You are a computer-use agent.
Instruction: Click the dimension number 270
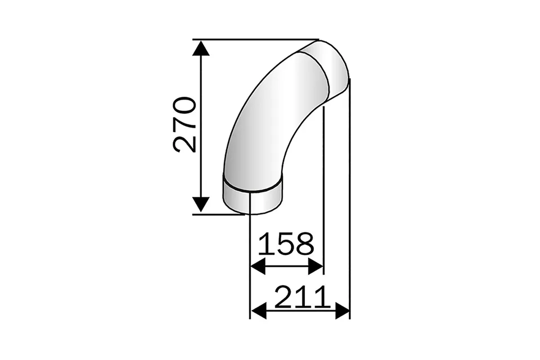coord(184,125)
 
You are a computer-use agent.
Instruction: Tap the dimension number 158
coord(286,244)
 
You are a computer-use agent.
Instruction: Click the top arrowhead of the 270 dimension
coord(201,48)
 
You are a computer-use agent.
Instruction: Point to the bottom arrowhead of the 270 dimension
coord(201,205)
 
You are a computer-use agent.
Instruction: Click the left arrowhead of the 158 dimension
coord(258,267)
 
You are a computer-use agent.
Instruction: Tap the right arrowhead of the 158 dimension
coord(316,267)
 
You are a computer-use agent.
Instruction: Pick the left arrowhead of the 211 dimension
coord(259,311)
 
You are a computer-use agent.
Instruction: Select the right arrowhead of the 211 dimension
coord(342,311)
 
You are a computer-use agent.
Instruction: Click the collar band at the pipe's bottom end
coord(252,199)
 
